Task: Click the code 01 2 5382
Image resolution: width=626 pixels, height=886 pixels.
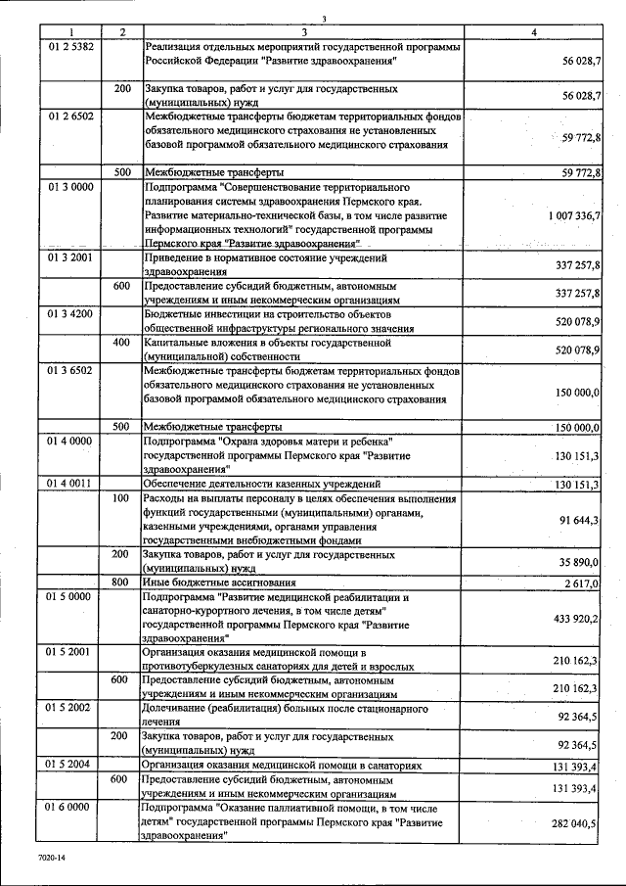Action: pyautogui.click(x=67, y=47)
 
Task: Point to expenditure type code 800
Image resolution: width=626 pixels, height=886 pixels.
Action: pyautogui.click(x=121, y=583)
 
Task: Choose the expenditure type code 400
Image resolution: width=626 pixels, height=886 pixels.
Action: pyautogui.click(x=121, y=343)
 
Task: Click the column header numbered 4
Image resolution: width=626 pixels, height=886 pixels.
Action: pyautogui.click(x=533, y=33)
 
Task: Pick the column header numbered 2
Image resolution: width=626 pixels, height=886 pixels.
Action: pyautogui.click(x=121, y=33)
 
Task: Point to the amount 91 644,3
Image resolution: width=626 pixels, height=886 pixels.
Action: pyautogui.click(x=578, y=520)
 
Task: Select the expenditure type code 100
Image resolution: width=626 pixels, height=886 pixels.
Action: pyautogui.click(x=121, y=498)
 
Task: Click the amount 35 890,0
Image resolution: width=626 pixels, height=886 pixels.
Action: pyautogui.click(x=578, y=562)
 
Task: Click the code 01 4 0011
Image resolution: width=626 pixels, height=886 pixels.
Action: pyautogui.click(x=67, y=484)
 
